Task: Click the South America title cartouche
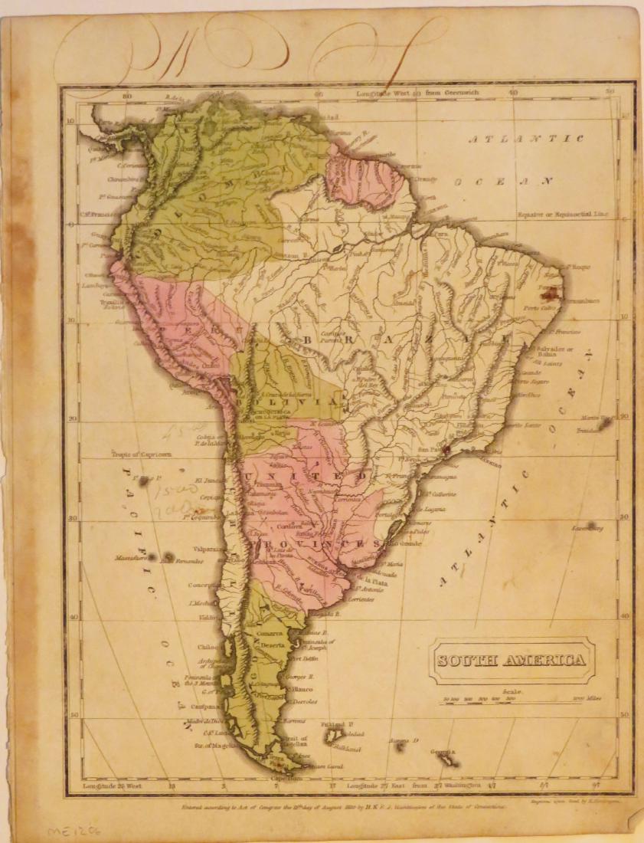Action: tap(512, 660)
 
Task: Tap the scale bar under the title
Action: tap(512, 698)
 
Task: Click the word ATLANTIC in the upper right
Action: tap(526, 139)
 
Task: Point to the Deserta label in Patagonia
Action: tap(273, 645)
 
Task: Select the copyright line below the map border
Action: tap(342, 805)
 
